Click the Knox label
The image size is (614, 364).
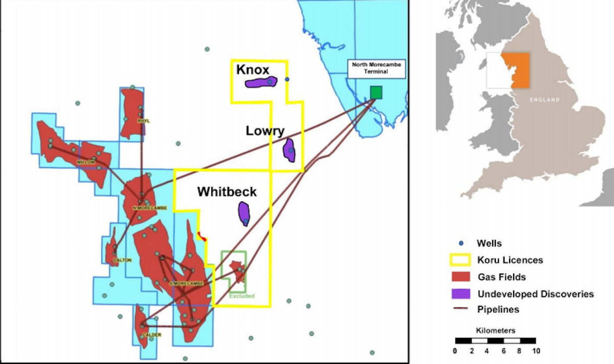[x=252, y=70]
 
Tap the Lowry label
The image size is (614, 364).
[x=265, y=131]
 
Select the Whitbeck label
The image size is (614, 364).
[x=227, y=192]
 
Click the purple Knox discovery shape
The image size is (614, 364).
[x=260, y=82]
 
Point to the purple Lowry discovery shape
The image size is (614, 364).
[x=290, y=150]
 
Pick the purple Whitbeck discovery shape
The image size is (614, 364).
[x=244, y=213]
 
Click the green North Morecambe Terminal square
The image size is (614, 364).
[x=376, y=92]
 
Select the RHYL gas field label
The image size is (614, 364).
[x=143, y=121]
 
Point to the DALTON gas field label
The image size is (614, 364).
[x=122, y=260]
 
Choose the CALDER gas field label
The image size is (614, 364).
[x=152, y=335]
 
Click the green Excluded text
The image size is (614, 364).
[x=242, y=296]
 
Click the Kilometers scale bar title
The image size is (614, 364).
[x=495, y=330]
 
